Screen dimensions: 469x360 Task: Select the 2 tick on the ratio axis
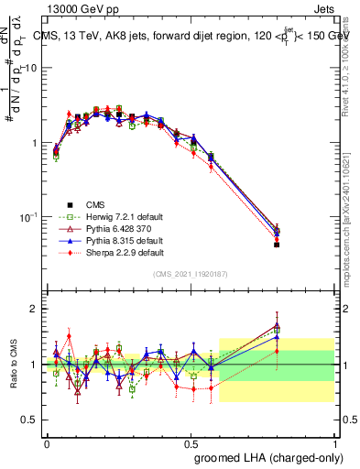pyautogui.click(x=35, y=309)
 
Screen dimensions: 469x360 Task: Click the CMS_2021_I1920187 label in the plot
pyautogui.click(x=191, y=275)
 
